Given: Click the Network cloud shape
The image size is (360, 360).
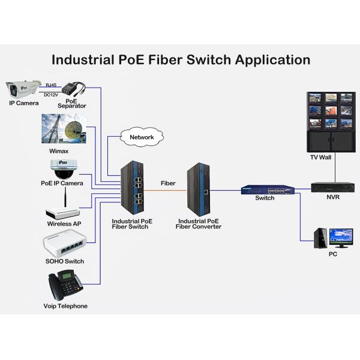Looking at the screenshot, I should click(142, 137).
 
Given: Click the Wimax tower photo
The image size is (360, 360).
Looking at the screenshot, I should click(63, 129).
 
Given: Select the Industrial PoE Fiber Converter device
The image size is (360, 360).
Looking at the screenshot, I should click(198, 190).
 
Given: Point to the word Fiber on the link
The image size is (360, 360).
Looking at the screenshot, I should click(168, 183).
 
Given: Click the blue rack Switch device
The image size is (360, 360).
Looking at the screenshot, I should click(268, 190).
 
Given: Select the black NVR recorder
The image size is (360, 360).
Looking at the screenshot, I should click(333, 187).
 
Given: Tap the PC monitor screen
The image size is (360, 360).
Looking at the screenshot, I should click(341, 236).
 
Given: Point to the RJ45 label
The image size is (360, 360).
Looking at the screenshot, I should click(51, 85).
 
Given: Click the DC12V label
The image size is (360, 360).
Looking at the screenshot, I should click(51, 94).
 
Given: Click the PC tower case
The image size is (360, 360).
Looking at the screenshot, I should click(320, 238).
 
